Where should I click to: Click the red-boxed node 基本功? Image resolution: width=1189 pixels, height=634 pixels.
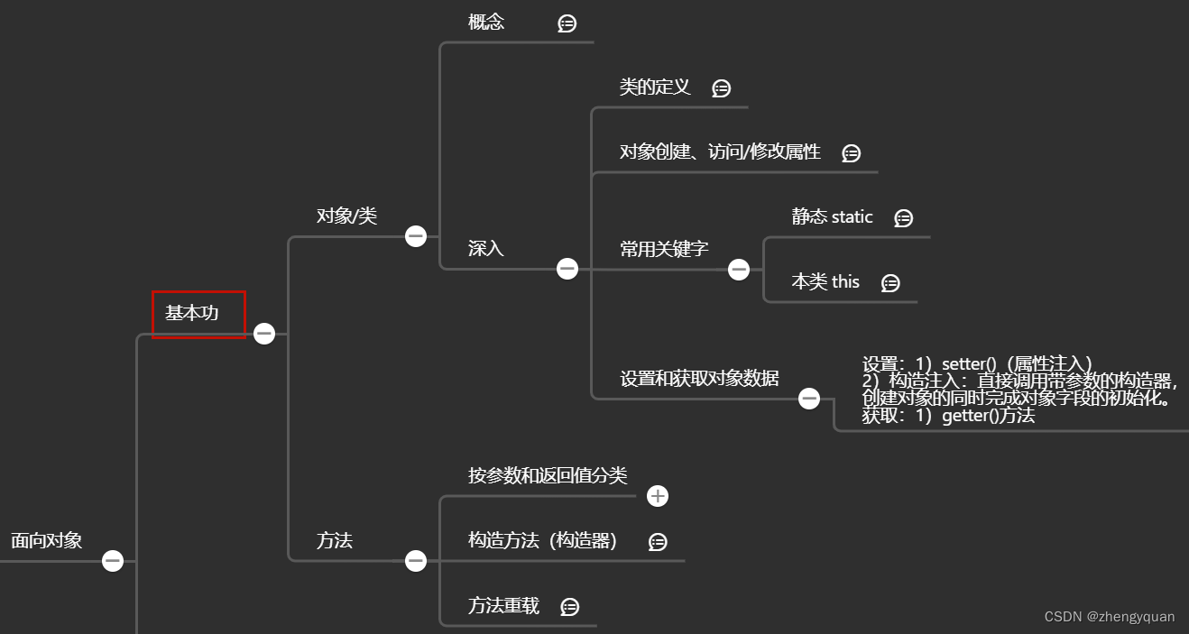click(x=198, y=314)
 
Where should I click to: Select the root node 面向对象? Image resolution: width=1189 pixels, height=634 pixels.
click(x=47, y=540)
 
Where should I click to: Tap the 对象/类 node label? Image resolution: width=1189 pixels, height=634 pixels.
click(x=346, y=216)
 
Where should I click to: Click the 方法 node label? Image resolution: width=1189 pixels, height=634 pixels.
click(x=335, y=541)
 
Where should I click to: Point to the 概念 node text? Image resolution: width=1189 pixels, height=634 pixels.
click(x=486, y=23)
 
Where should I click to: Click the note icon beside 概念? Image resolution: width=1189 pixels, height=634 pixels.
click(x=567, y=23)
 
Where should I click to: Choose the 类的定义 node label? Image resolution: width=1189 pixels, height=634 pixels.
click(x=655, y=87)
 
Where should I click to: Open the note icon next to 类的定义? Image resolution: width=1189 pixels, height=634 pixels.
click(x=721, y=88)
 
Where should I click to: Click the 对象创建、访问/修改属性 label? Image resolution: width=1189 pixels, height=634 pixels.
click(x=720, y=152)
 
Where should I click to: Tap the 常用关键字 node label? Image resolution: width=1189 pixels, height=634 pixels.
click(x=664, y=249)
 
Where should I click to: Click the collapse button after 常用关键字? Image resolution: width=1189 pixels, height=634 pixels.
click(x=739, y=269)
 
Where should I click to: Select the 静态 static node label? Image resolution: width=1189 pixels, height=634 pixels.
click(x=832, y=217)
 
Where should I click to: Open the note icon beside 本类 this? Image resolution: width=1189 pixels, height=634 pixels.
click(x=890, y=283)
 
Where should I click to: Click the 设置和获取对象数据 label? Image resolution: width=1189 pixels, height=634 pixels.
click(x=699, y=379)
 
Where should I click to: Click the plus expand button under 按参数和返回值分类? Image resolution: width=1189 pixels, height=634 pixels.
click(x=658, y=496)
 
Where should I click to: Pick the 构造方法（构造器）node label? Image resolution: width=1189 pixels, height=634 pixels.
click(x=543, y=541)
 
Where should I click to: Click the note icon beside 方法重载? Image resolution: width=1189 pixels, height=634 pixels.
click(x=569, y=607)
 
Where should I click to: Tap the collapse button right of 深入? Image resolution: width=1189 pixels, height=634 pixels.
click(x=567, y=269)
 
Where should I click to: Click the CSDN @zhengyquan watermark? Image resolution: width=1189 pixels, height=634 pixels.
click(x=1110, y=617)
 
